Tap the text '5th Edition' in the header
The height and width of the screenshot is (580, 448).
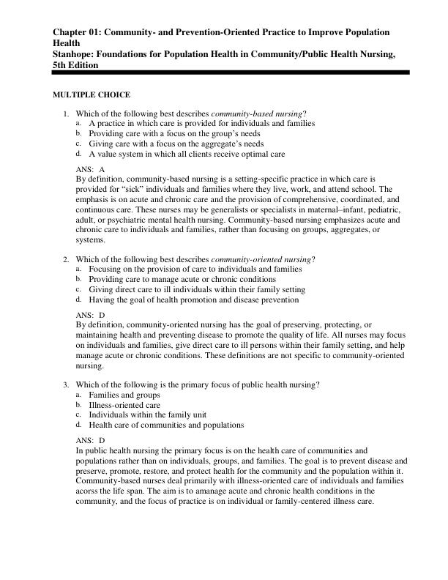tap(75, 64)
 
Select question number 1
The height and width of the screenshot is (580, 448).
tap(65, 114)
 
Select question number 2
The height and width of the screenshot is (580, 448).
tap(65, 259)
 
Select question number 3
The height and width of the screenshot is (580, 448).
tap(65, 384)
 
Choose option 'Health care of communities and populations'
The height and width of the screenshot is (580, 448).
tap(166, 425)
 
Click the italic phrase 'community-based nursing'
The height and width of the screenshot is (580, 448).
tap(257, 114)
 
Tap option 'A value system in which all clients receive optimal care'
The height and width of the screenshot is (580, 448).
tap(187, 155)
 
